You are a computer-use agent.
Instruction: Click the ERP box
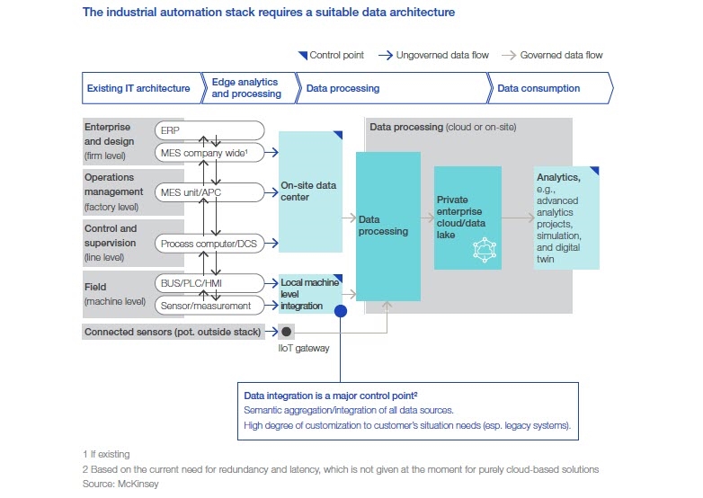(x=209, y=130)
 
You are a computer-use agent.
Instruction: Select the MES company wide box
(x=209, y=154)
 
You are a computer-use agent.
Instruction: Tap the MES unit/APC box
(x=209, y=191)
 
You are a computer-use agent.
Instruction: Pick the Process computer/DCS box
(x=209, y=244)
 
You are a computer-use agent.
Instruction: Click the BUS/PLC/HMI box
(x=209, y=283)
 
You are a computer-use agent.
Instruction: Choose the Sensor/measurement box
(x=209, y=306)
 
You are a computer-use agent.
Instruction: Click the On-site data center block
(x=310, y=191)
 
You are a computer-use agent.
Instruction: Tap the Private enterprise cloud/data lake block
(x=467, y=218)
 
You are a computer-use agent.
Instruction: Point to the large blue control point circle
(x=341, y=311)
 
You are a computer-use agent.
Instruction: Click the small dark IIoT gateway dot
(x=287, y=331)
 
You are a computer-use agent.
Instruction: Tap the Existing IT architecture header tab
(x=139, y=88)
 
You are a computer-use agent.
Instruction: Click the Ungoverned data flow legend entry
(x=433, y=56)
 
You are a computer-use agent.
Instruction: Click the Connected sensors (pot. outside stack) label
(x=173, y=332)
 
